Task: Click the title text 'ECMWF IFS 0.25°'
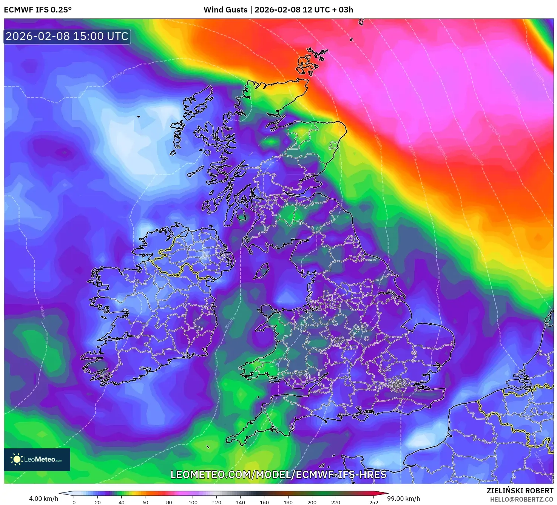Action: (38, 10)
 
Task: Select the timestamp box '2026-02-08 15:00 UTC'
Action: (67, 36)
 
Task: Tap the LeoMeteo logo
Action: (37, 459)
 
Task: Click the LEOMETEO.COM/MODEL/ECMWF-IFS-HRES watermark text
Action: (278, 474)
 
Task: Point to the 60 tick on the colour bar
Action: (145, 502)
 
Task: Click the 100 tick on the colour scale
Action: (193, 502)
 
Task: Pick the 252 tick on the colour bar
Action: (373, 502)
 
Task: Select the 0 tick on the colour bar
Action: (74, 502)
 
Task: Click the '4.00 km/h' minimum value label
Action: (43, 499)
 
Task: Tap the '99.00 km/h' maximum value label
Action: (403, 499)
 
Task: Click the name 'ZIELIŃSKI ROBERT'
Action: (520, 491)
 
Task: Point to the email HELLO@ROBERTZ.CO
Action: (522, 499)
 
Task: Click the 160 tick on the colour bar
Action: (264, 502)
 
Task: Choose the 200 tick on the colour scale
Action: (312, 502)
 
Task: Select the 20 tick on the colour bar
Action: (98, 502)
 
